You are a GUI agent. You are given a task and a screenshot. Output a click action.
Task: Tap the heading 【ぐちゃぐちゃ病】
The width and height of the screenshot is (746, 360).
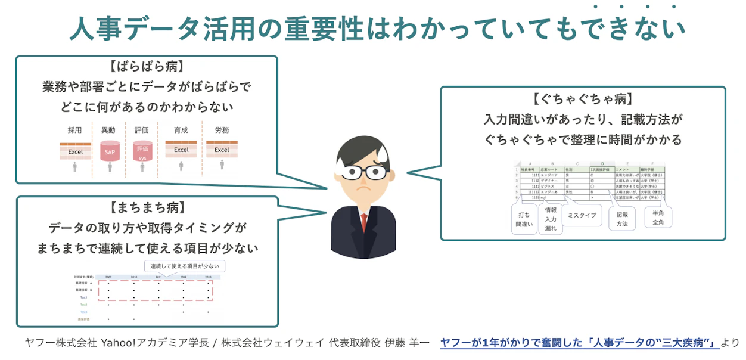[583, 98]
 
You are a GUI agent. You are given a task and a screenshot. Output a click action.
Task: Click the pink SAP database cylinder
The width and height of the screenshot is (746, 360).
[110, 151]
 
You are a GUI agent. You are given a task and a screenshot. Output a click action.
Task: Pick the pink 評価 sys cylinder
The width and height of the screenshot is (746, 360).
[142, 151]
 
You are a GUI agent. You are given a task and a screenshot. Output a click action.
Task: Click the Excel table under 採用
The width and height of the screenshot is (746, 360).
[75, 151]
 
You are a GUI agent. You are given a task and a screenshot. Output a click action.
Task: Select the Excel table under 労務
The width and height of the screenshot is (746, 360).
[222, 150]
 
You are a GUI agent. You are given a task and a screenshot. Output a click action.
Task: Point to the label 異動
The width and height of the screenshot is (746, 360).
[108, 129]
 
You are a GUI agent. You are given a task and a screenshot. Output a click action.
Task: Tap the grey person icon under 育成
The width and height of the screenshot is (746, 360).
[181, 166]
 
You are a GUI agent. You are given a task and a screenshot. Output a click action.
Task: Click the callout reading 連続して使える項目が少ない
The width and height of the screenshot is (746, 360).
[185, 266]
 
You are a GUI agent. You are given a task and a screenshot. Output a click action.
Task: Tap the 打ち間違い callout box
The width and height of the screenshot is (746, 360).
[524, 219]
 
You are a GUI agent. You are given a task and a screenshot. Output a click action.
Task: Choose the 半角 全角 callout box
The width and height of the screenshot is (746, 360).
[658, 218]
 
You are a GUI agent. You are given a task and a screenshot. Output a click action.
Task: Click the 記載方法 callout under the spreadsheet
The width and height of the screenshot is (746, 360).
[622, 219]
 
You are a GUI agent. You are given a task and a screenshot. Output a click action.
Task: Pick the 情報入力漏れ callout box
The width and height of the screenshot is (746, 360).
[551, 219]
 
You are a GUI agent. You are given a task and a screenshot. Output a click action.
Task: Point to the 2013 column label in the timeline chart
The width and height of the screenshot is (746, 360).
[208, 277]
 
